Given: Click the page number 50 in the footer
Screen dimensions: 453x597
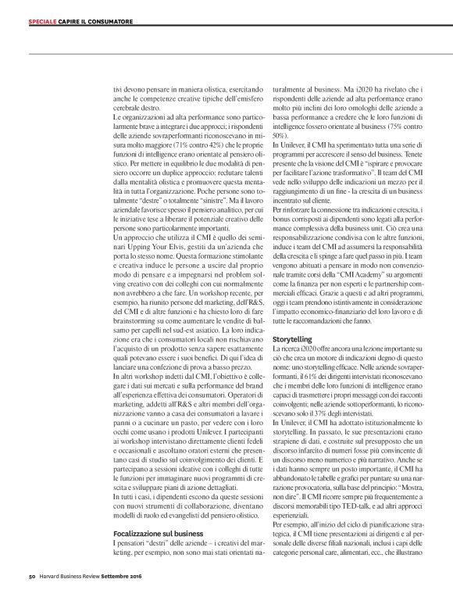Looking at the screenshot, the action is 24,578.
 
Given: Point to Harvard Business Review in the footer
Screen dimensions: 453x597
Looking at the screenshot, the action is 65,578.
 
